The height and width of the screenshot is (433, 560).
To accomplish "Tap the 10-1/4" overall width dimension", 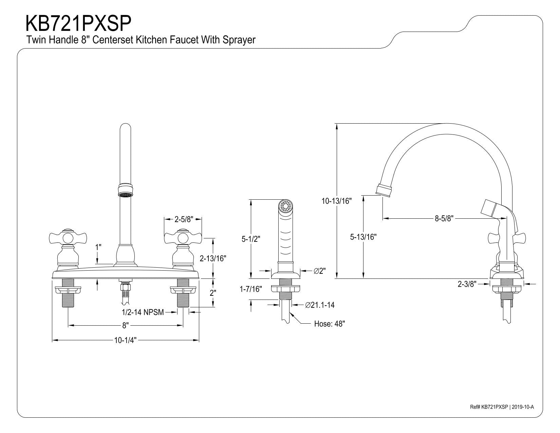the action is [x=125, y=340].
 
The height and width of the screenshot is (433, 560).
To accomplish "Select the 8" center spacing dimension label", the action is [x=126, y=325].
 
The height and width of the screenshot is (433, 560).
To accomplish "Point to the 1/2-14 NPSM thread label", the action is [x=143, y=312].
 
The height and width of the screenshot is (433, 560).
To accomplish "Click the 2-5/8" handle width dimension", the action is [x=184, y=219].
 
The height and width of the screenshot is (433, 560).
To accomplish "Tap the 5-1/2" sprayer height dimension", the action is [x=251, y=239].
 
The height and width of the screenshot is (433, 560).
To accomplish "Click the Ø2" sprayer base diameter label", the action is [x=320, y=271].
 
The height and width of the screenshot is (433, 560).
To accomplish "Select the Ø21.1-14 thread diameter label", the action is [x=320, y=305].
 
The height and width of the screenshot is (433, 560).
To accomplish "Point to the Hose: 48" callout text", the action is [x=330, y=324].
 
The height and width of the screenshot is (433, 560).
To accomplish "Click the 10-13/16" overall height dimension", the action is [x=337, y=201].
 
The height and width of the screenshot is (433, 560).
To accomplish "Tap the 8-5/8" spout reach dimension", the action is [x=444, y=218].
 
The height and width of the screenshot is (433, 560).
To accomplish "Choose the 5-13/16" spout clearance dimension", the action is [x=363, y=237].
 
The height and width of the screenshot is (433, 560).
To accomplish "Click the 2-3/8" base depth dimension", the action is [x=467, y=284].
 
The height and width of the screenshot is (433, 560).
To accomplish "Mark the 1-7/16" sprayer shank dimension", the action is [x=251, y=289].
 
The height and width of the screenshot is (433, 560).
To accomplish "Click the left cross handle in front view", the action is [x=68, y=237].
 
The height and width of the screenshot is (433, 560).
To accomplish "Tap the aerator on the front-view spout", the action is [x=126, y=191].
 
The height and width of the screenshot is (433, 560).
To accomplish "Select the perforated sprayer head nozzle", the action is [x=285, y=206].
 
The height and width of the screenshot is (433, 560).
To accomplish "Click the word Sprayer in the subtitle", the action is [x=239, y=40].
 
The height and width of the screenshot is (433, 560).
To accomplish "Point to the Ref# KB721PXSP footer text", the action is [x=489, y=414].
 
